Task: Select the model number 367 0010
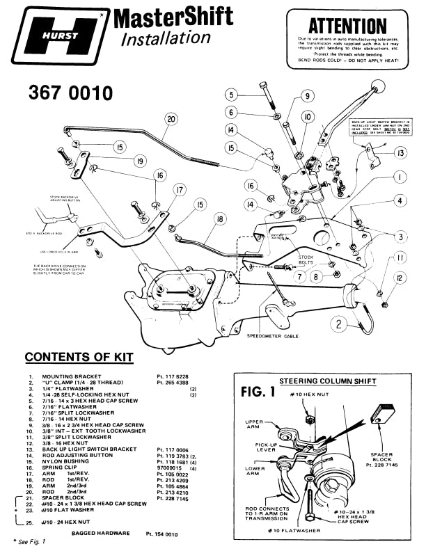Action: click(x=70, y=92)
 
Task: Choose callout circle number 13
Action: click(x=399, y=152)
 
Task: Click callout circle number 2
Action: click(x=338, y=324)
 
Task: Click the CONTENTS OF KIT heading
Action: click(x=79, y=357)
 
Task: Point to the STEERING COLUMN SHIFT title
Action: click(x=327, y=381)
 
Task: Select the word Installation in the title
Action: click(x=166, y=38)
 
